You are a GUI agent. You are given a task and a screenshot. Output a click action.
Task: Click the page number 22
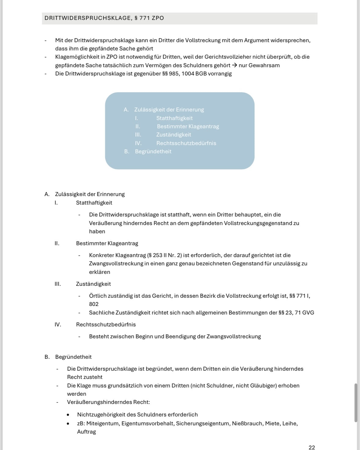click(311, 447)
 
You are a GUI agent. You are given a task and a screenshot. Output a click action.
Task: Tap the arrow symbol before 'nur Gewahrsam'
click(234, 65)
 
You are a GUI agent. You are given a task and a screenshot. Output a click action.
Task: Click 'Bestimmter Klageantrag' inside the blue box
click(188, 126)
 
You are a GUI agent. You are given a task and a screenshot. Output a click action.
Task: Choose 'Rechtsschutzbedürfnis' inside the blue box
click(186, 143)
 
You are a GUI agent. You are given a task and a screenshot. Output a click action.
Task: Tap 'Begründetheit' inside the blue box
click(153, 151)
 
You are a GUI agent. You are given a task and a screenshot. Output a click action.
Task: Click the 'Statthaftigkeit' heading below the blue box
click(94, 203)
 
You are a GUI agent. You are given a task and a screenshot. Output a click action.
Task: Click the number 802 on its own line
click(94, 304)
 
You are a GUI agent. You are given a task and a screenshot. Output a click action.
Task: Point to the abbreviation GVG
click(308, 313)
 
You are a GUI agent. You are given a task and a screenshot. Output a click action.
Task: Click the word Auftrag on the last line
click(86, 432)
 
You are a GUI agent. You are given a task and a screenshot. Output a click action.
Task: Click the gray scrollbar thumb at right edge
click(355, 403)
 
